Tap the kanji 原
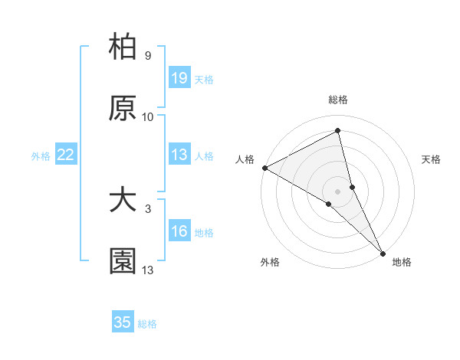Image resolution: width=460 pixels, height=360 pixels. tap(123, 109)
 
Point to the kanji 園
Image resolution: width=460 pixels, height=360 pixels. tap(123, 262)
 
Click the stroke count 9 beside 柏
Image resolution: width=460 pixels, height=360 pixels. tap(148, 56)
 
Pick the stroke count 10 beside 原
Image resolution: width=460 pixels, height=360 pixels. tap(148, 117)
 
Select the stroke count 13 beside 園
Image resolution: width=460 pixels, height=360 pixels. tap(148, 270)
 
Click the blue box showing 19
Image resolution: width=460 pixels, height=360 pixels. tap(179, 78)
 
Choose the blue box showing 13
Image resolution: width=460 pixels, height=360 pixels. tap(179, 155)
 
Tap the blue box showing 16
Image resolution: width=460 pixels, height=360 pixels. tap(179, 232)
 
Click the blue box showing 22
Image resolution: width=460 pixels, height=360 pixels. tap(66, 155)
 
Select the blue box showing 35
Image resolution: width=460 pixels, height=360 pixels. tap(123, 322)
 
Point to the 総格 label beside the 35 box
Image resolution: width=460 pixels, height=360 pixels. tap(147, 324)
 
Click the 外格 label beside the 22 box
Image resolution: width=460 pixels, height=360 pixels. tap(41, 156)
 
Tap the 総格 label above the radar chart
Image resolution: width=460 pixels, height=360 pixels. tap(337, 100)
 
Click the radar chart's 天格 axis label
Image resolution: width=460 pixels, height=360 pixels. tap(431, 159)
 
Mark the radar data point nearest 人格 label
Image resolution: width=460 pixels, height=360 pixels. tap(264, 168)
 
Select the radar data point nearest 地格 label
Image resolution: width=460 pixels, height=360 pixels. tap(383, 252)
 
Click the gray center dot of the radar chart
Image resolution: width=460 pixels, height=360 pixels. tap(337, 190)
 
